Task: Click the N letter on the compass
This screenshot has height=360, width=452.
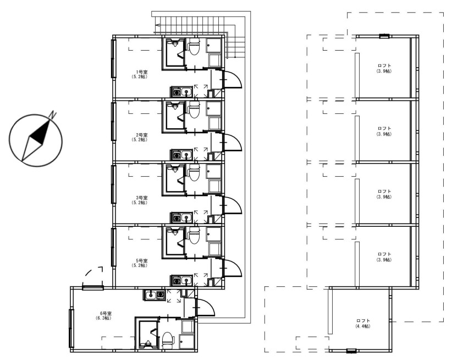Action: click(52, 114)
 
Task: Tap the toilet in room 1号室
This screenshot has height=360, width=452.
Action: click(194, 47)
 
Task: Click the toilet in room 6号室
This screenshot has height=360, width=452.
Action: click(168, 340)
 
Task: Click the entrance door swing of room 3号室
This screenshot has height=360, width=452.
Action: click(233, 205)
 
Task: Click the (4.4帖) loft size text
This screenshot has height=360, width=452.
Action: click(363, 326)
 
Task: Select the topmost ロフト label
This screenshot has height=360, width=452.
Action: click(384, 66)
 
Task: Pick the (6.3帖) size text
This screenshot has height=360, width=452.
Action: click(104, 318)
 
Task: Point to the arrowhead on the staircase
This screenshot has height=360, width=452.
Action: click(157, 25)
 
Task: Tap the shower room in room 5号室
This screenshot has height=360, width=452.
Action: click(175, 242)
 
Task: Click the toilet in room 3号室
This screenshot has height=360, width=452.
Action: click(194, 173)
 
